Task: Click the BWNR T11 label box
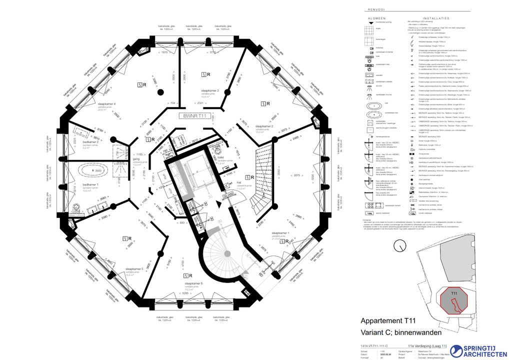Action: pyautogui.click(x=195, y=115)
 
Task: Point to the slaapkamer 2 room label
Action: pyautogui.click(x=264, y=127)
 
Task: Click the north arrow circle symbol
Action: pyautogui.click(x=399, y=245)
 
